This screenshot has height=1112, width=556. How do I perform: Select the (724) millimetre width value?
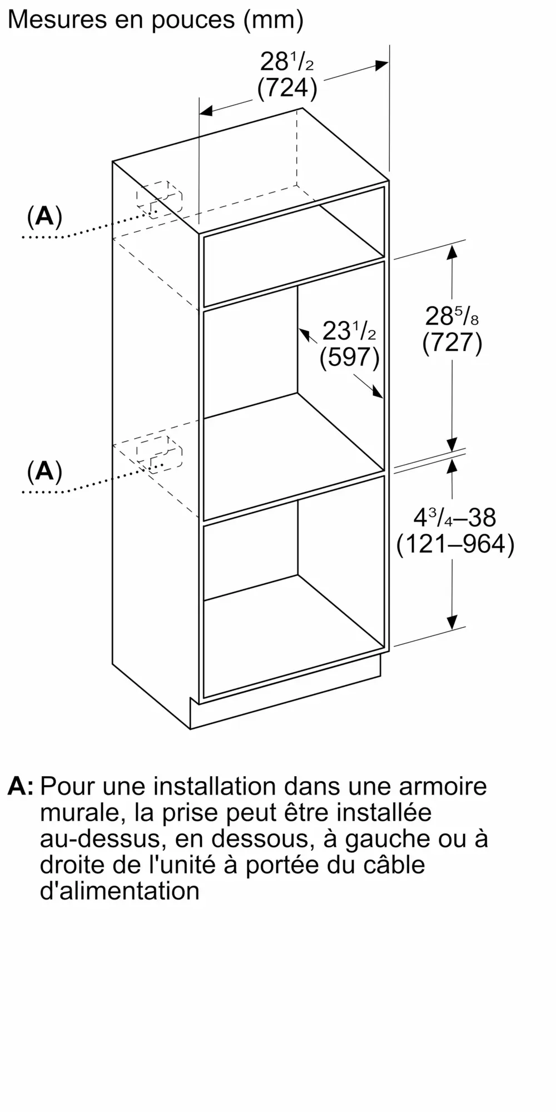287,88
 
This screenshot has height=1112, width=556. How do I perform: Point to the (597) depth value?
349,358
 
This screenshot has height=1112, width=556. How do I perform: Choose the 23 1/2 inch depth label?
349,332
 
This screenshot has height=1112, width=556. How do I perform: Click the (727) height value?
452,342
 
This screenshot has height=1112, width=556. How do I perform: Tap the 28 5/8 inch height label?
452,317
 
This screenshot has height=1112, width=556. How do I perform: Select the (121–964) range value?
455,544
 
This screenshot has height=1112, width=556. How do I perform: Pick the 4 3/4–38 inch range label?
455,518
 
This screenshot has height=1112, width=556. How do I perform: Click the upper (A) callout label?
44,216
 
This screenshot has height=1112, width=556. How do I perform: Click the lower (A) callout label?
44,471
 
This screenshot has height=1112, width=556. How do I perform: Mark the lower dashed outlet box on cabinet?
159,451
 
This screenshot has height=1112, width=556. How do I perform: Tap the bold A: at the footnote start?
21,786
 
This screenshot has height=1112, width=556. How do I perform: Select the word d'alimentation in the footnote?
120,891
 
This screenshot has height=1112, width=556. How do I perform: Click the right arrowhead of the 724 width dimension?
382,65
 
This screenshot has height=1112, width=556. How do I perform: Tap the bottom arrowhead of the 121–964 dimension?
452,622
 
